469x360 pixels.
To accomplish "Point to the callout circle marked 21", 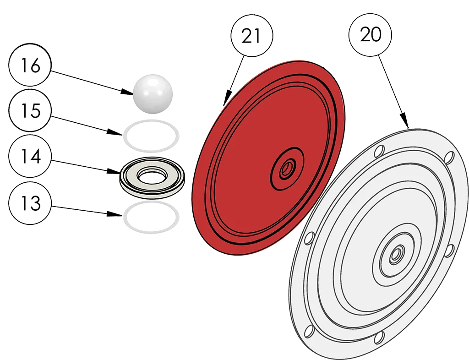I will click(x=251, y=36).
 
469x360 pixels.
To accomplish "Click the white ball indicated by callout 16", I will click(x=153, y=94).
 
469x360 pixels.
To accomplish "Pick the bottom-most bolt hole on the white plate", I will click(x=379, y=338).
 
